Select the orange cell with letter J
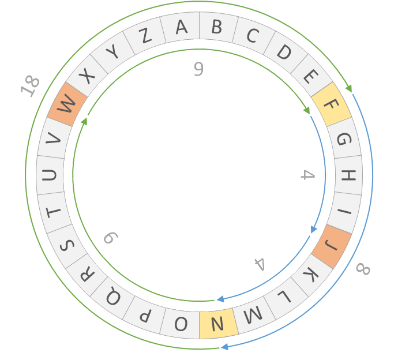[331, 246]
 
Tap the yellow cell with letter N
[217, 324]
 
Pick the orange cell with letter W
[67, 104]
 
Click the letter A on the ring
[181, 27]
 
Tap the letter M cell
[252, 315]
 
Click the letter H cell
[347, 175]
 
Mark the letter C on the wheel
[252, 36]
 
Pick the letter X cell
[87, 76]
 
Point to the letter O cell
[181, 324]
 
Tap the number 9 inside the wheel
[198, 69]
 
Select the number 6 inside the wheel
[110, 238]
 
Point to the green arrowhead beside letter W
[84, 121]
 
